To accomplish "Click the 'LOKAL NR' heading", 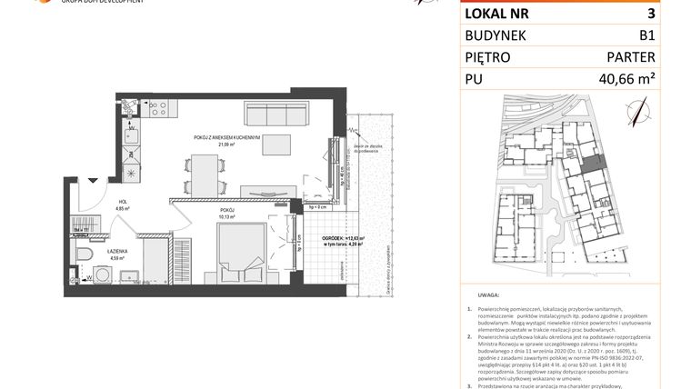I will [497, 14].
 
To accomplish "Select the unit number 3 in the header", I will [650, 14].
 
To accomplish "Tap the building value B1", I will [646, 36].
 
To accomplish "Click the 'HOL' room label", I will [122, 203].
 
